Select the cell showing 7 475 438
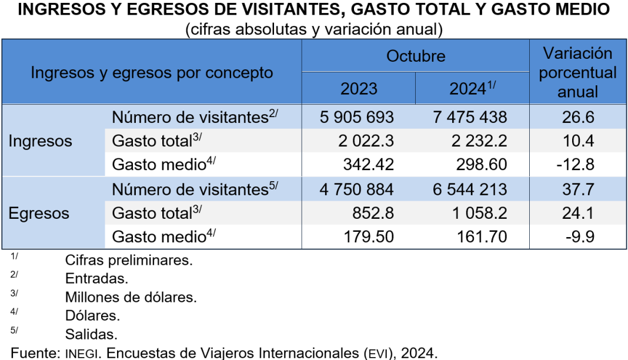[x=470, y=117]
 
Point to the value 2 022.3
[x=365, y=141]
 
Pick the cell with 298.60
[x=481, y=165]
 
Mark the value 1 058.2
[x=477, y=213]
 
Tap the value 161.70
[x=481, y=237]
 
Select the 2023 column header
[x=359, y=89]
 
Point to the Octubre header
[x=416, y=56]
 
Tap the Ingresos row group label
[x=40, y=141]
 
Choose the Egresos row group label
[x=39, y=213]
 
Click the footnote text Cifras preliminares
[x=129, y=259]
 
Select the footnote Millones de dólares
[x=131, y=297]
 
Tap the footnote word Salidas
[x=91, y=335]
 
